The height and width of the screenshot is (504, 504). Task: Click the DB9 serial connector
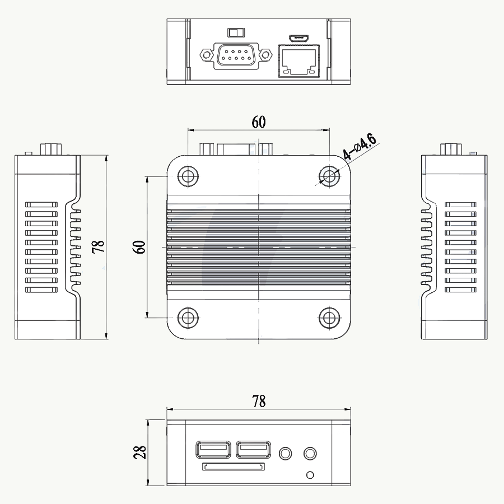pos(236,55)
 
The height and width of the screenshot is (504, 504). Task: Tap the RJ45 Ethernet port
pos(298,60)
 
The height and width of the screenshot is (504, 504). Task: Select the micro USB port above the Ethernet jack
pos(298,38)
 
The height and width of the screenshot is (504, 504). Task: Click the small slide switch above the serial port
pos(236,32)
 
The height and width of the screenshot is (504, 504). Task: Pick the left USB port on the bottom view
pos(213,449)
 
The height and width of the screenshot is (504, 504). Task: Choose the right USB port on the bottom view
pos(253,449)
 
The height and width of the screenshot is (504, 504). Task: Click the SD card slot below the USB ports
pos(234,466)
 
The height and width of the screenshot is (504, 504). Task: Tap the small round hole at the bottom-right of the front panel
pos(310,475)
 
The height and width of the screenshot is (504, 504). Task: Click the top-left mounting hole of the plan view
pos(188,176)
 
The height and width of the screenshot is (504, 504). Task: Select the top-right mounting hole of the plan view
pos(329,176)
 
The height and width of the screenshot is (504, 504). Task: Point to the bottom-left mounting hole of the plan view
pos(188,318)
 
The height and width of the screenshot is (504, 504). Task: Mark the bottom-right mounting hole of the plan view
pos(329,318)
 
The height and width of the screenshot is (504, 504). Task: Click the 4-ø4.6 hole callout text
pos(360,147)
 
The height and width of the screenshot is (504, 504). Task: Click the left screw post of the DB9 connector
pos(206,55)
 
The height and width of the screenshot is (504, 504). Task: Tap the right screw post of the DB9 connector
pos(265,55)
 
